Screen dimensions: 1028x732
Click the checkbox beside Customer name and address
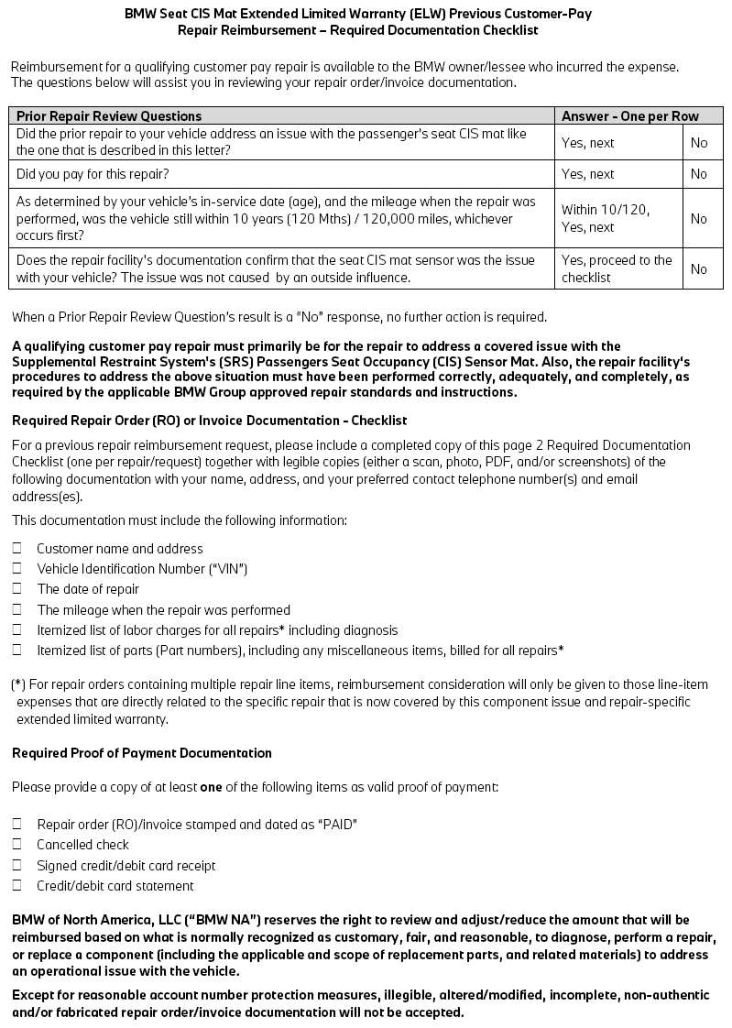coord(17,548)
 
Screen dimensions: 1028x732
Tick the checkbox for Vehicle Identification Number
coord(17,568)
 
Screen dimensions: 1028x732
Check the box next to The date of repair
coord(17,589)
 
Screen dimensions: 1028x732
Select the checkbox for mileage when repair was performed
coord(17,609)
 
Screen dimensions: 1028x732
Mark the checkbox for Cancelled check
coord(17,844)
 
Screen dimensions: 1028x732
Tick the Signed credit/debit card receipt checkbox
coord(17,865)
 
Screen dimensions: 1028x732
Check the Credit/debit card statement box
coord(17,885)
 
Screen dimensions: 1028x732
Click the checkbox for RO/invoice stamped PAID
coord(17,824)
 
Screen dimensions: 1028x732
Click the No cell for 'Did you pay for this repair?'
coord(699,174)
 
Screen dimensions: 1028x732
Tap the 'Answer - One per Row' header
coord(629,116)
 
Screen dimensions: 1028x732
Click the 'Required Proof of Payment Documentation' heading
coord(142,753)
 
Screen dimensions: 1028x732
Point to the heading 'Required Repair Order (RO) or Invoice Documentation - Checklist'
coord(210,421)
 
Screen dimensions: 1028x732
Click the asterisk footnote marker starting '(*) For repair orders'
coord(18,685)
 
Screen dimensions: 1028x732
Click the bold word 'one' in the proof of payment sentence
coord(212,787)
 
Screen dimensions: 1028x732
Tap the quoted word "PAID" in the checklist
coord(337,825)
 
